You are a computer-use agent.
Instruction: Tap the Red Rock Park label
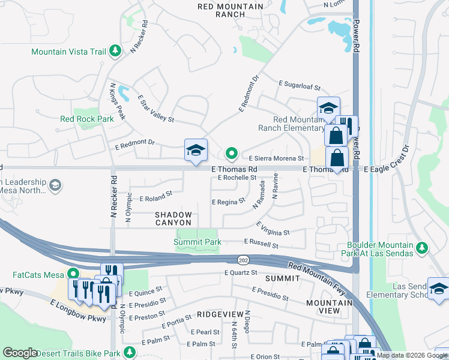click(87, 119)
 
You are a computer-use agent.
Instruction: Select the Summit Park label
click(197, 242)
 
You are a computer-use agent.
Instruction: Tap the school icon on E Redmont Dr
click(196, 151)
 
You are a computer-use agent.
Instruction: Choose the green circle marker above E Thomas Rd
click(231, 152)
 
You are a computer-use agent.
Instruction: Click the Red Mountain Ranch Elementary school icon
click(328, 108)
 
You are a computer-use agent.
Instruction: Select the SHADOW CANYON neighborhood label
click(173, 219)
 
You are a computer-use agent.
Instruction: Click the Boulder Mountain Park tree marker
click(422, 248)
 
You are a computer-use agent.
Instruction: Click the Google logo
click(20, 353)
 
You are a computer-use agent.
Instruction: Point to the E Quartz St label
click(240, 273)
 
